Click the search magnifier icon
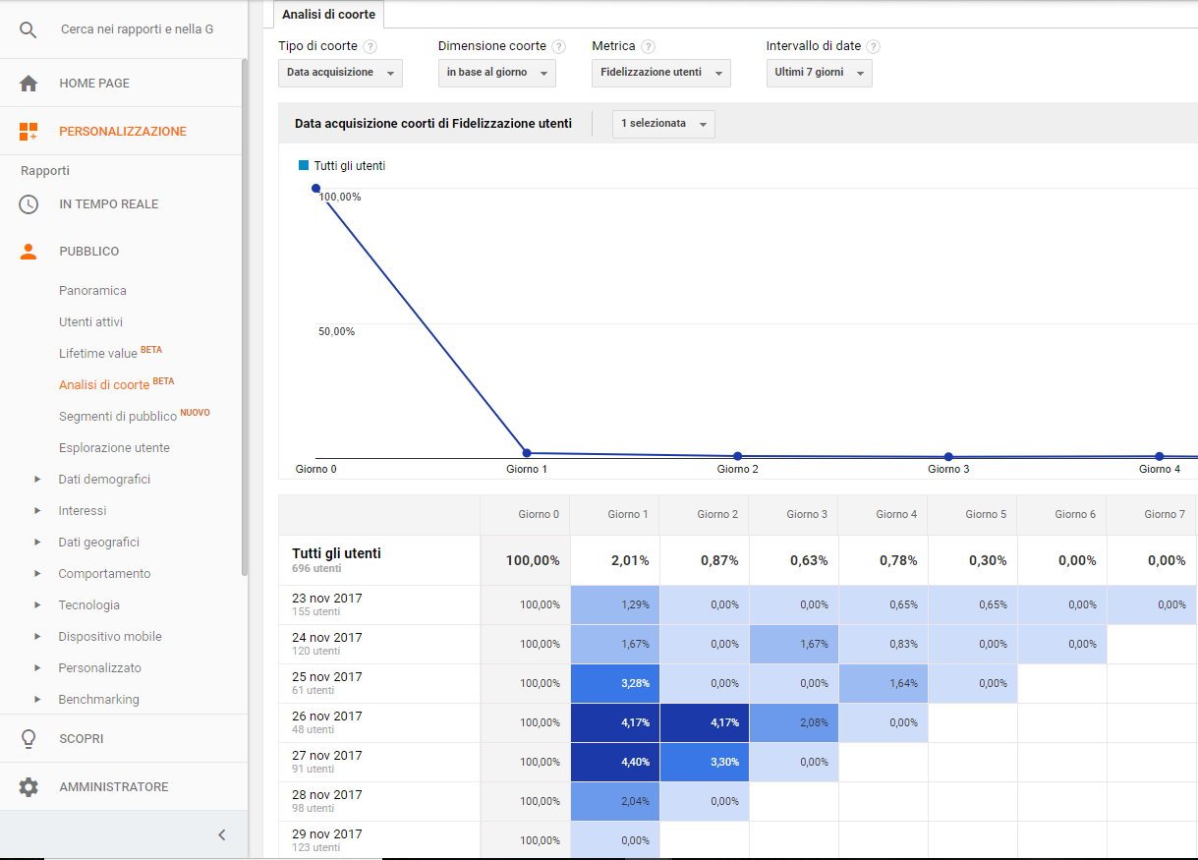29,29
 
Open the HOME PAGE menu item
94,84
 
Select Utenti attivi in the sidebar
90,322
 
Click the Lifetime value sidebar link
98,353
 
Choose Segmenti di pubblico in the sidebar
118,417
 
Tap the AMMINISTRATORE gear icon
29,787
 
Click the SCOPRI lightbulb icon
29,739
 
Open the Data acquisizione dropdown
340,73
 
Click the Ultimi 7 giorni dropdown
819,73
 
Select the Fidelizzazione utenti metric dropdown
660,73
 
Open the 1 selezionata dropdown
663,124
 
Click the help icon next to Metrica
649,47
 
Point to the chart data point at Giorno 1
527,453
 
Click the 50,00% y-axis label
336,331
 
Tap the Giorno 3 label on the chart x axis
948,470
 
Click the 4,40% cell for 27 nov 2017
615,762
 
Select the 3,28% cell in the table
615,683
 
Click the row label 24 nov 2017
327,638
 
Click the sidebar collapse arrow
222,835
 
